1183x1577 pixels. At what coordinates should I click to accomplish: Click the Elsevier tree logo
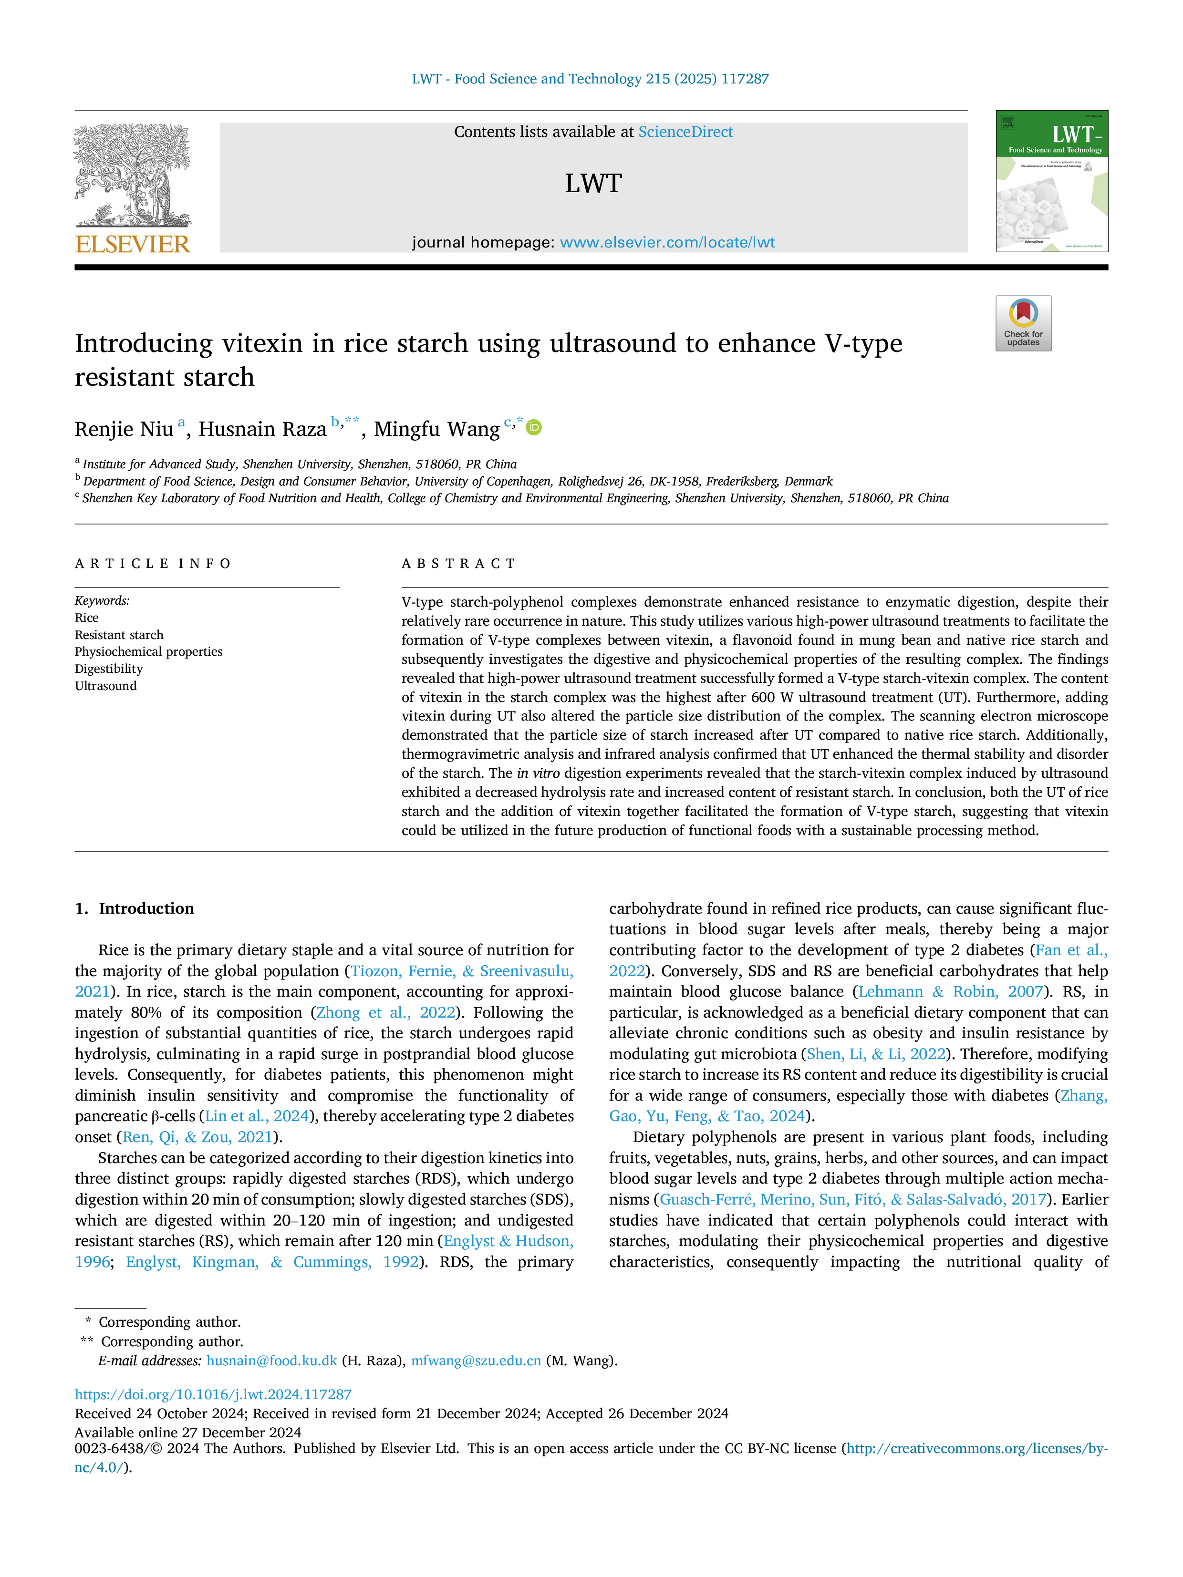[x=133, y=175]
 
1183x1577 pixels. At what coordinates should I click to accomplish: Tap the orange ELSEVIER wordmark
[x=133, y=245]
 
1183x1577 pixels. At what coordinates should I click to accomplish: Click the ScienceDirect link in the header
[x=685, y=132]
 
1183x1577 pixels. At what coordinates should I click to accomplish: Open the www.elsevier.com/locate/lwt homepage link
[x=667, y=242]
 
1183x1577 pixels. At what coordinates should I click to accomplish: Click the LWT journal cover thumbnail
[x=1052, y=181]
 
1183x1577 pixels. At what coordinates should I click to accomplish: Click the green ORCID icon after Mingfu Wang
[x=533, y=428]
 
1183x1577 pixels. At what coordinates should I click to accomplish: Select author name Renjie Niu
[x=124, y=429]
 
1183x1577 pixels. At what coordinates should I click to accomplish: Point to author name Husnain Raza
[x=262, y=429]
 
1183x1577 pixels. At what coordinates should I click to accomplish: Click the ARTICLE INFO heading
[x=153, y=564]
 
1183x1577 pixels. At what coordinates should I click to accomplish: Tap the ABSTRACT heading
[x=458, y=564]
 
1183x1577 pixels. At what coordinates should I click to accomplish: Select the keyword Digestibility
[x=109, y=669]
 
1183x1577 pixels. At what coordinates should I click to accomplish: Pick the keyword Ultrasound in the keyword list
[x=105, y=686]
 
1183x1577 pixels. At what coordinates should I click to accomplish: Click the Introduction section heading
[x=146, y=908]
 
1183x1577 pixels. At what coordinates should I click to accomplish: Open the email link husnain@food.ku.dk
[x=272, y=1361]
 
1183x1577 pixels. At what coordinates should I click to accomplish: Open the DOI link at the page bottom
[x=213, y=1394]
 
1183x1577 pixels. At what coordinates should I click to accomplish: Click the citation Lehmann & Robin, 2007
[x=951, y=992]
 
